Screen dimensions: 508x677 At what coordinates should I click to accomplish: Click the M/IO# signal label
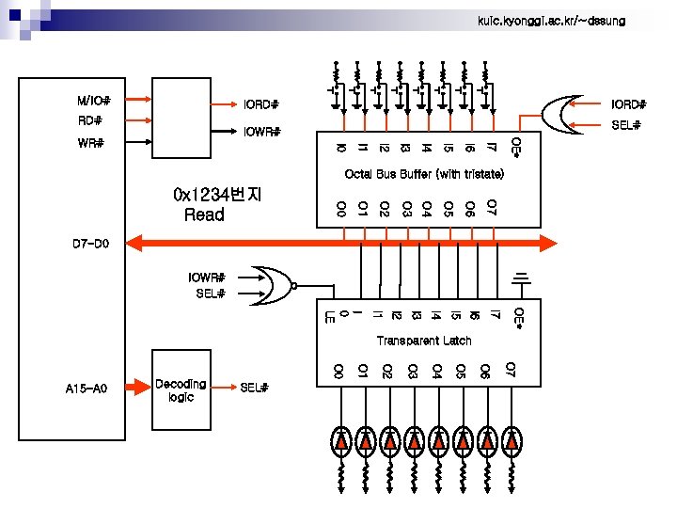pos(94,100)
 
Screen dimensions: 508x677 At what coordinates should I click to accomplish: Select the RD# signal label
pos(90,120)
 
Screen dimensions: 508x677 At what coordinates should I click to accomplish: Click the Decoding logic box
pos(181,390)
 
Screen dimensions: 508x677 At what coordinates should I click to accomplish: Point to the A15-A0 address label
pos(87,388)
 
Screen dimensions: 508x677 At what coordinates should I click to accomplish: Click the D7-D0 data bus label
pos(91,245)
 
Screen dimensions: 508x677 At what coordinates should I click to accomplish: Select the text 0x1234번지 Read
pos(217,205)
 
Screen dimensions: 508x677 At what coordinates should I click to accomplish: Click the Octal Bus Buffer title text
pos(424,174)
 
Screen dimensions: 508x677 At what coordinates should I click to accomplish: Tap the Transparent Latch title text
pos(423,340)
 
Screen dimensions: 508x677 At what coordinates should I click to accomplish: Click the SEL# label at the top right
pos(625,125)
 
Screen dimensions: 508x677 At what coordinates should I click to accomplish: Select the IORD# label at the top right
pos(628,103)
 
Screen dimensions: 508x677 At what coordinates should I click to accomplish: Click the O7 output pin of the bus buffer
pos(492,207)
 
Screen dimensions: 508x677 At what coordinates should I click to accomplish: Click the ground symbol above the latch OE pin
pos(519,278)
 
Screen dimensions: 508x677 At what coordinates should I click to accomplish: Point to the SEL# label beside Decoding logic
pos(255,388)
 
